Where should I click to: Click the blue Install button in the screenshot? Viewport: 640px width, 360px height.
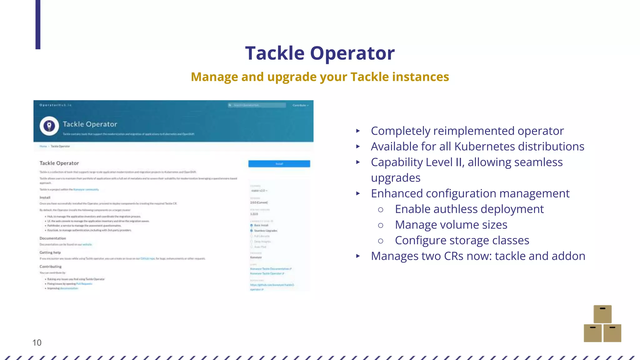pyautogui.click(x=279, y=164)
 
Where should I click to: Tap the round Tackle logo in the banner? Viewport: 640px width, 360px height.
pyautogui.click(x=49, y=126)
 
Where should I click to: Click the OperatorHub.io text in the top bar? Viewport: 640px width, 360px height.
pyautogui.click(x=56, y=105)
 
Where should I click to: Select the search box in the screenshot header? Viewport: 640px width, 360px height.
pyautogui.click(x=257, y=105)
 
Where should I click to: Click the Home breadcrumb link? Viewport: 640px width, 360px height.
pyautogui.click(x=43, y=146)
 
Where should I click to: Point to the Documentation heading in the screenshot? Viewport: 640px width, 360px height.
pyautogui.click(x=52, y=238)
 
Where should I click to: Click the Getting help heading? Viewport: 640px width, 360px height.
pyautogui.click(x=50, y=252)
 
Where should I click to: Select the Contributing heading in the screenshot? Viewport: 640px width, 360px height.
pyautogui.click(x=50, y=267)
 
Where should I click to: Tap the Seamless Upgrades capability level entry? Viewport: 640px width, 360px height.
pyautogui.click(x=265, y=231)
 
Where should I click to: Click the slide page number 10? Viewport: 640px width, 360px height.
pyautogui.click(x=37, y=343)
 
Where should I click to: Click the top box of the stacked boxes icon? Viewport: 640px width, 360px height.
pyautogui.click(x=602, y=314)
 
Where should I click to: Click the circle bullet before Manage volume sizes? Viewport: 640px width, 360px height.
pyautogui.click(x=380, y=225)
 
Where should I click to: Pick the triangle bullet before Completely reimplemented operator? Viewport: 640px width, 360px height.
pyautogui.click(x=358, y=131)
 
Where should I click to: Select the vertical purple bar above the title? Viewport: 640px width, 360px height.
pyautogui.click(x=38, y=24)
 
